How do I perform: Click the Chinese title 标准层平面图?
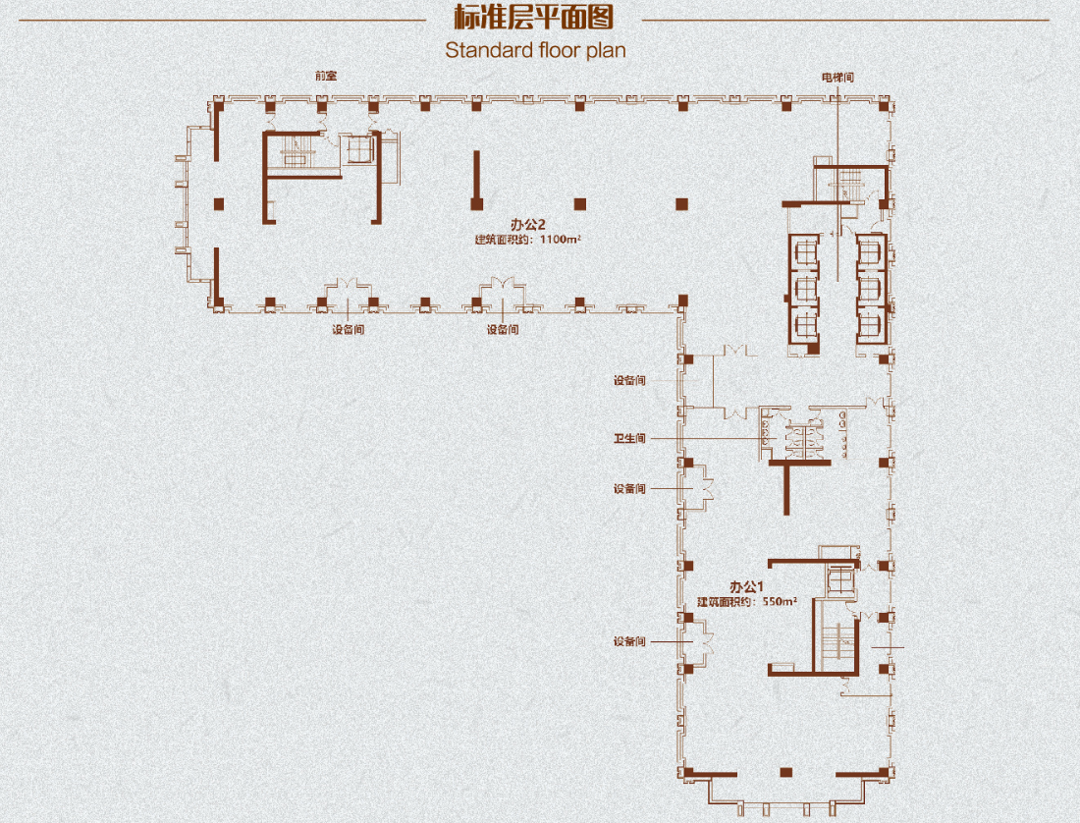(x=534, y=18)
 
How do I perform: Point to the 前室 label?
(x=326, y=76)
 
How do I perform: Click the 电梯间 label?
(x=837, y=78)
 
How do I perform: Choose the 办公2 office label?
(x=527, y=224)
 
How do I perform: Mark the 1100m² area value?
(x=560, y=239)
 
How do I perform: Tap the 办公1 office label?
(x=746, y=586)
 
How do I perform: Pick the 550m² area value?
(x=780, y=601)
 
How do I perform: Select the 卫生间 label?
(x=629, y=438)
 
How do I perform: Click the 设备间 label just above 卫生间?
(x=629, y=380)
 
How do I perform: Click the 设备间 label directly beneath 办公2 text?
(x=503, y=330)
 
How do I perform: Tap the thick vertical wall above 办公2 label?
(x=476, y=180)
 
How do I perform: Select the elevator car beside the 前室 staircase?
(x=358, y=149)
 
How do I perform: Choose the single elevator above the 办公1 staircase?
(x=839, y=578)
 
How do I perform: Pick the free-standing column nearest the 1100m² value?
(x=580, y=204)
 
